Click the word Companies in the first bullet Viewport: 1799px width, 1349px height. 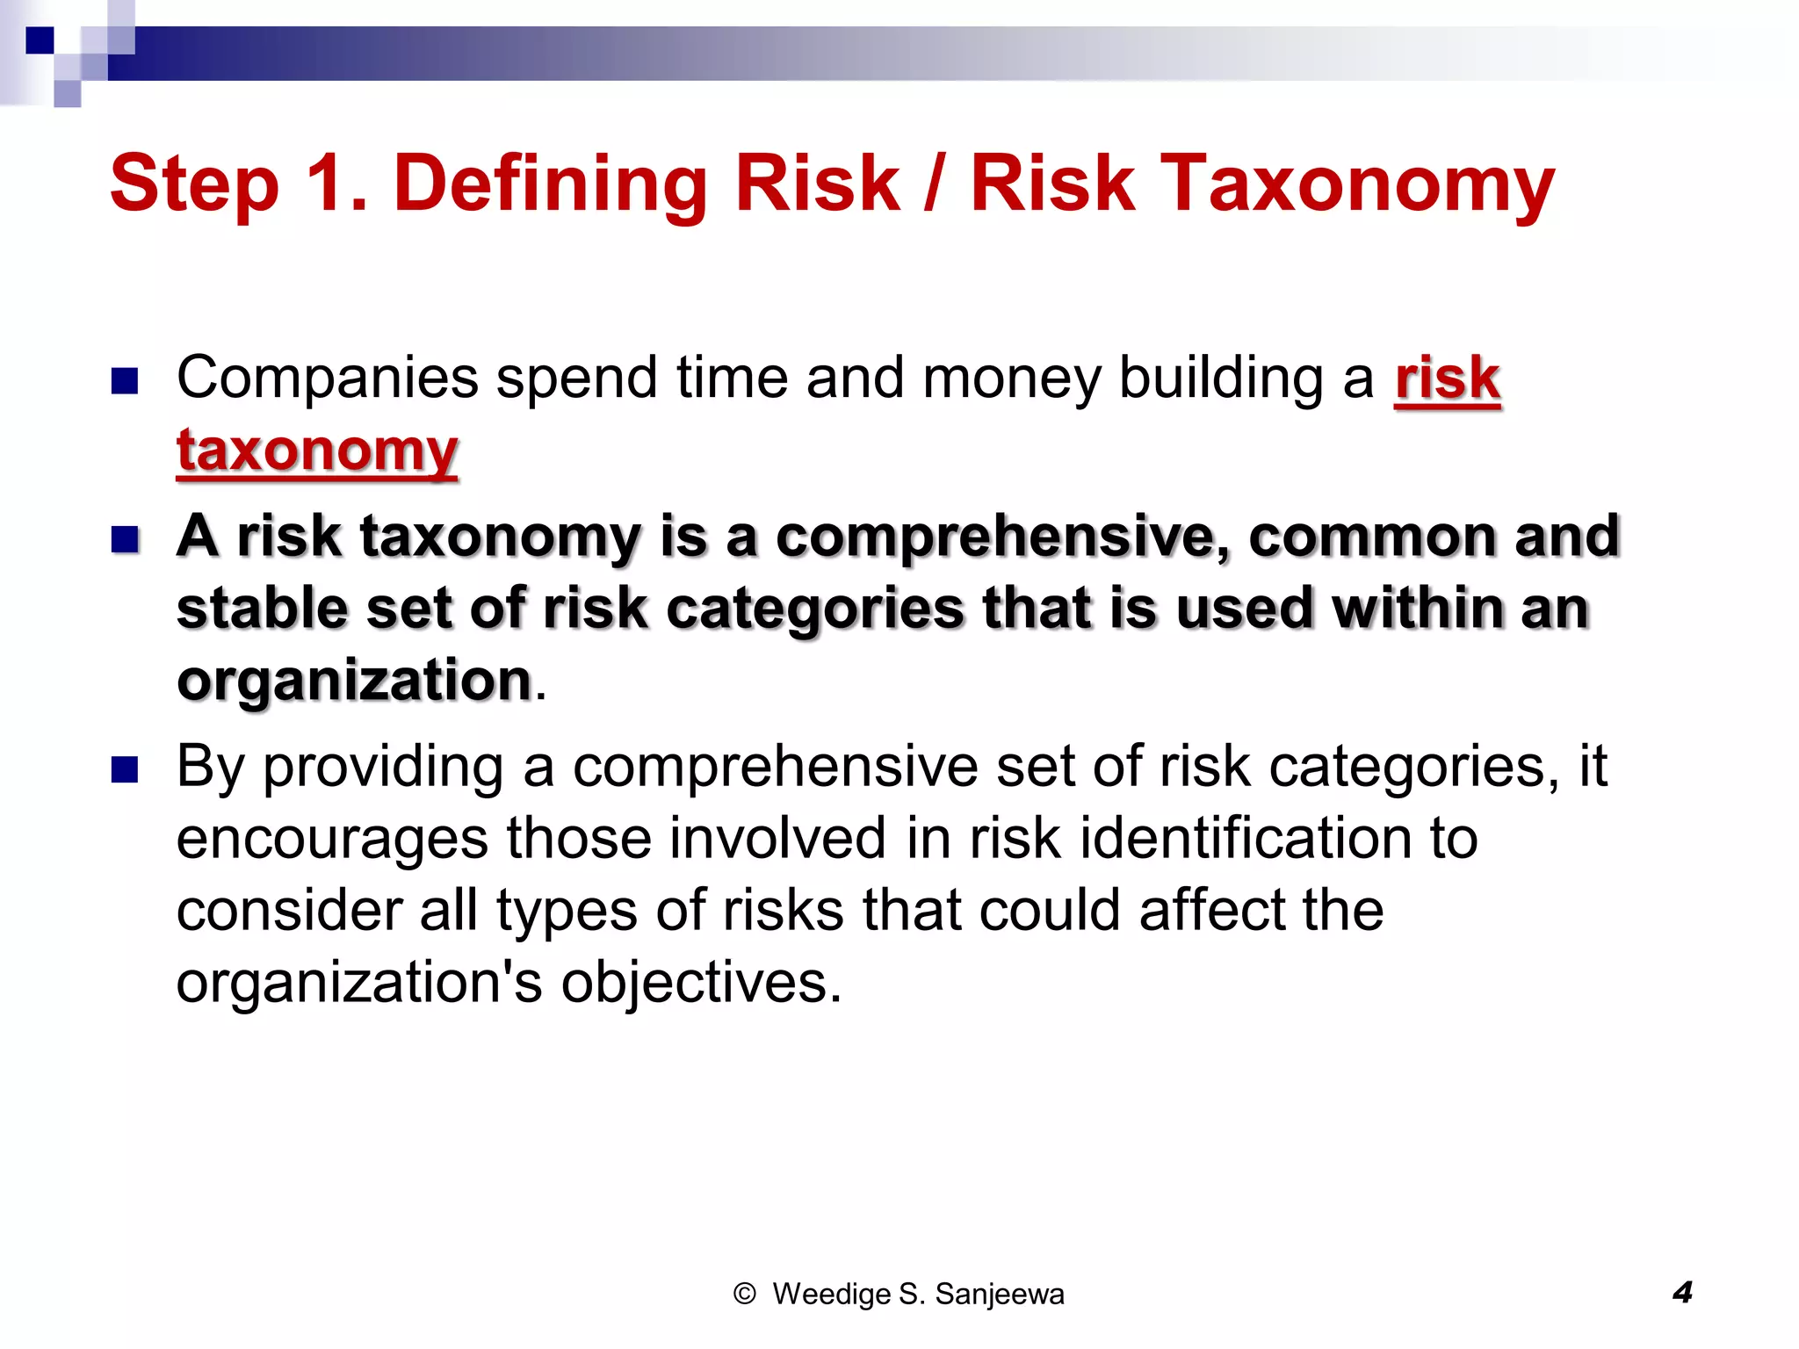pos(327,379)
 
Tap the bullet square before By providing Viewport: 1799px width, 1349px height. pos(126,769)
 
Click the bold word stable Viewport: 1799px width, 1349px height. pos(262,608)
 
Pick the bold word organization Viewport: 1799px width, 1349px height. pos(354,680)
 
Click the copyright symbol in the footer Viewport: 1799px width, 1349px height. pos(744,1294)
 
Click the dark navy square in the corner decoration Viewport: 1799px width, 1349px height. pos(40,40)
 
